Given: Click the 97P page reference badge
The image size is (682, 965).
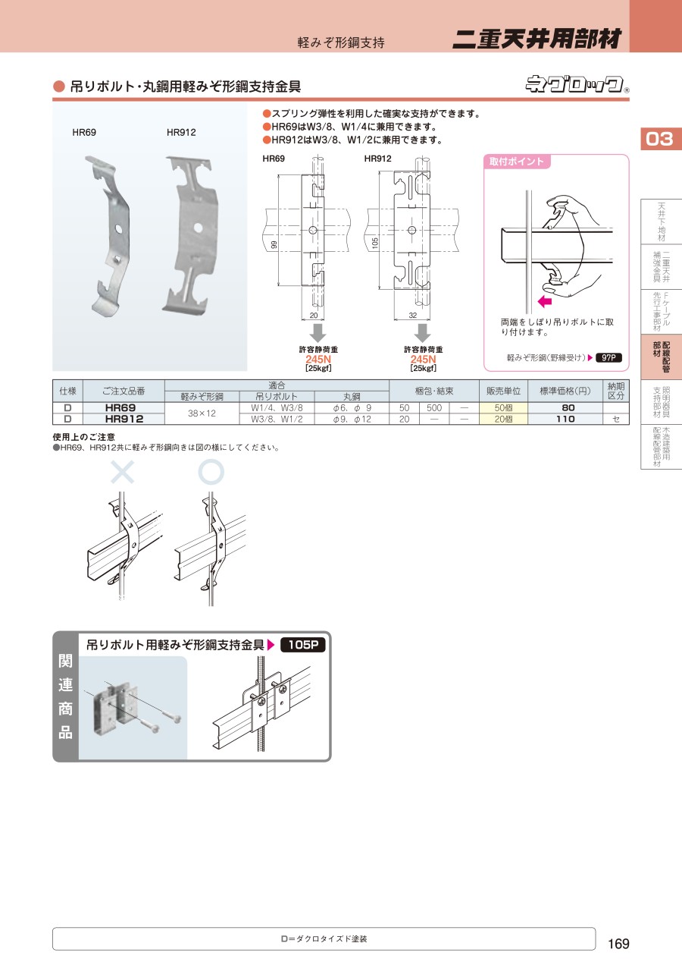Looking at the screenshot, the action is coord(608,357).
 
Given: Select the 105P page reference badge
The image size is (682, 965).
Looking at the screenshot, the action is coord(303,645).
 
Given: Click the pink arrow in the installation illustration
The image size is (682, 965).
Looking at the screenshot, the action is coord(545,301).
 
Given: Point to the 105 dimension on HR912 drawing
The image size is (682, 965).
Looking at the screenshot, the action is coord(375,244).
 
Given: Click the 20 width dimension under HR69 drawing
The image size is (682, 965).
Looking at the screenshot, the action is coord(314,316).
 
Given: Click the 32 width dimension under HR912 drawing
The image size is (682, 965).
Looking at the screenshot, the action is coord(413,316).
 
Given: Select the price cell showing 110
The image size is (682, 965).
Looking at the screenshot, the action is coord(565,419).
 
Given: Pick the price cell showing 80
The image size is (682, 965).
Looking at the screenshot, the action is coord(565,407).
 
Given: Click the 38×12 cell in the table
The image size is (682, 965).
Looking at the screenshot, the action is coord(202,413).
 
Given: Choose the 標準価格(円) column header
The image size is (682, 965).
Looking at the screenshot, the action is coord(565,391).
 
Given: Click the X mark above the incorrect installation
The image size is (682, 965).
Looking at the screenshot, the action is coord(123,472).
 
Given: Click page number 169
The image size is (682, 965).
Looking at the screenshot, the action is coord(618,944).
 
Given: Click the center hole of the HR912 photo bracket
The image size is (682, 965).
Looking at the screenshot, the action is coord(198,227).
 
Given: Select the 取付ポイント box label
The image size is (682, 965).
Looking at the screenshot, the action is coord(516,162).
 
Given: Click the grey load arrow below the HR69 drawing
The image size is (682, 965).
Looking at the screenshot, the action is coord(318,333).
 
